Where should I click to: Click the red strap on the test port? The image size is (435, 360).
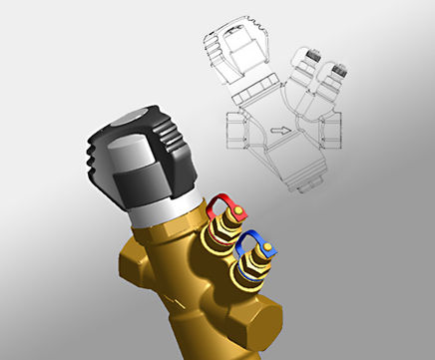(225, 201)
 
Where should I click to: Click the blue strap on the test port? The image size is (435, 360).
(261, 242)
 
